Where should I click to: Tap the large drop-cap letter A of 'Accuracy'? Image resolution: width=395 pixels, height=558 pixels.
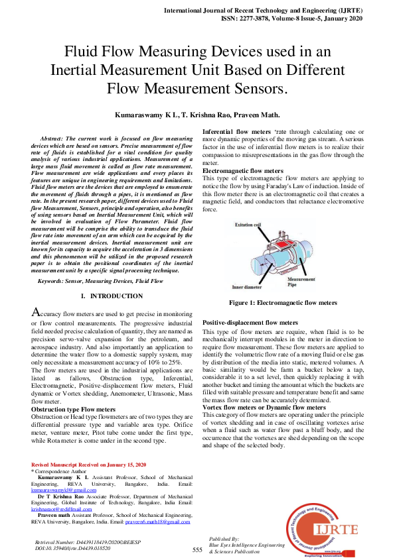tap(38, 311)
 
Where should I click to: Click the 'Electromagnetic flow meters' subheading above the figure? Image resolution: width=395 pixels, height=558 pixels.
tap(242, 171)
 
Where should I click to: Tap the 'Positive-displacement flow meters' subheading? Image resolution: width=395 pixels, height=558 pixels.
tap(250, 322)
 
